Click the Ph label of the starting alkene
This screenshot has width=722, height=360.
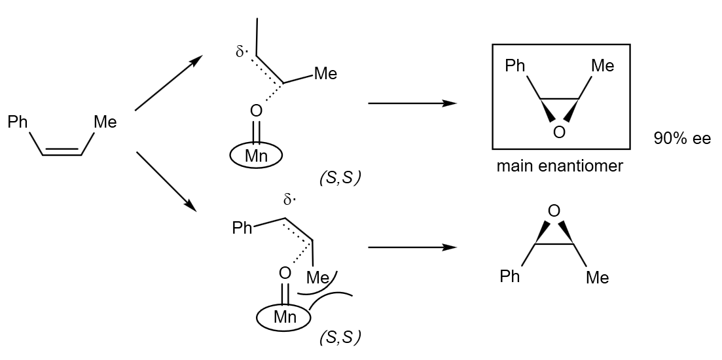pyautogui.click(x=18, y=122)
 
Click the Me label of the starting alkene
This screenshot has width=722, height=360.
pyautogui.click(x=105, y=122)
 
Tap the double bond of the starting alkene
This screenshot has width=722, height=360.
pyautogui.click(x=62, y=153)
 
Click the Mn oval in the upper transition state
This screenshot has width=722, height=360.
pyautogui.click(x=256, y=156)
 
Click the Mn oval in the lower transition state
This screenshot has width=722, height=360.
pyautogui.click(x=285, y=317)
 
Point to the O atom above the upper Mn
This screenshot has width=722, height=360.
pyautogui.click(x=256, y=111)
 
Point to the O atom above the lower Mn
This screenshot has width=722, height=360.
pyautogui.click(x=285, y=272)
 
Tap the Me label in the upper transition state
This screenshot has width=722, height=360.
pyautogui.click(x=325, y=74)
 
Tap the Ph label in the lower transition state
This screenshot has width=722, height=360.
pyautogui.click(x=242, y=228)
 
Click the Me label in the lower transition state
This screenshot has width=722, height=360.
pyautogui.click(x=318, y=278)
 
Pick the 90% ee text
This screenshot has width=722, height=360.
pyautogui.click(x=681, y=139)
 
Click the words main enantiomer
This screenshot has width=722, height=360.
pyautogui.click(x=560, y=166)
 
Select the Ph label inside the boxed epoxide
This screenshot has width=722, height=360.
pyautogui.click(x=515, y=66)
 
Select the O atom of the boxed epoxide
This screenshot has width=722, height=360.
pyautogui.click(x=558, y=133)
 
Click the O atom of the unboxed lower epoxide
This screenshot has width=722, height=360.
pyautogui.click(x=554, y=211)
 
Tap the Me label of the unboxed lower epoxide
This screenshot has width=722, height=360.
pyautogui.click(x=597, y=278)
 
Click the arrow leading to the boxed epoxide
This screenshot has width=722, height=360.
pyautogui.click(x=412, y=103)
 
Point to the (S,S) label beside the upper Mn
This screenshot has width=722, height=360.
pyautogui.click(x=340, y=177)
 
